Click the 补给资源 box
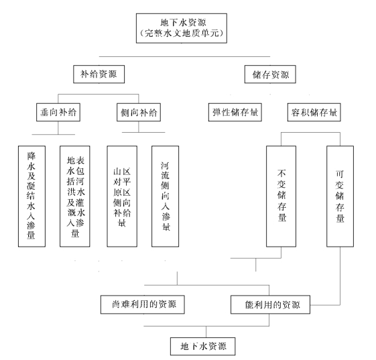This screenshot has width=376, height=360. (x=99, y=74)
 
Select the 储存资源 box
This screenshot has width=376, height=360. (x=270, y=74)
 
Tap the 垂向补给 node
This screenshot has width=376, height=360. (x=58, y=112)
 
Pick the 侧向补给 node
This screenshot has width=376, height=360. (x=139, y=112)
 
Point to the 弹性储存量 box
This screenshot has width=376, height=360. (x=235, y=112)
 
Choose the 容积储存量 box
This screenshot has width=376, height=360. (x=314, y=112)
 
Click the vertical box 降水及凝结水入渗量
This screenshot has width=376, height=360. (x=32, y=196)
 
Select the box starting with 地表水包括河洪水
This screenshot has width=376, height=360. (x=75, y=196)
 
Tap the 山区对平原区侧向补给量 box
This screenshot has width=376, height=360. (x=122, y=196)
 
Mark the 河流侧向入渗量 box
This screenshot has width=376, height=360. (x=166, y=196)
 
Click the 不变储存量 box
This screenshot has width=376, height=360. (x=281, y=196)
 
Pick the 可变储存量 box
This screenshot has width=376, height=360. (x=340, y=196)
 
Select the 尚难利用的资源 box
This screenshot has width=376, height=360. (x=143, y=304)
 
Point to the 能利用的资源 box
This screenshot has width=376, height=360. (x=270, y=304)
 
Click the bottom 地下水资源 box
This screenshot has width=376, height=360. (x=203, y=347)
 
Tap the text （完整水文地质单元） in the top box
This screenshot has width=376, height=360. (x=182, y=33)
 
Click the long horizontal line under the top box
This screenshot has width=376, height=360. (x=184, y=56)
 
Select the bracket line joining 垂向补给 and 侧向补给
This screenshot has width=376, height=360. (x=99, y=95)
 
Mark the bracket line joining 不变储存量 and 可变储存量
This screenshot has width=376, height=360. (x=310, y=132)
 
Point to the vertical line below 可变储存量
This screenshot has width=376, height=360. (x=340, y=276)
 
